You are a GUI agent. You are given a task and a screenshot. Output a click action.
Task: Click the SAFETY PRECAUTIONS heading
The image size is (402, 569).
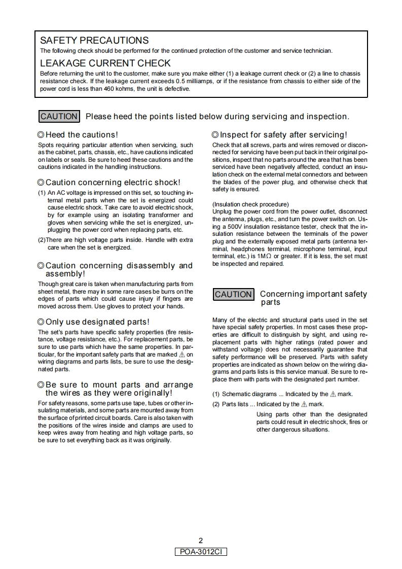coord(94,41)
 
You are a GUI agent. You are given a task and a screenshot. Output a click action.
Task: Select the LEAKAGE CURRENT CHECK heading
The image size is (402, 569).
coord(105,63)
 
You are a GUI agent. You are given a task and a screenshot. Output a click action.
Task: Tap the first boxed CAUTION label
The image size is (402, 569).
coord(59,117)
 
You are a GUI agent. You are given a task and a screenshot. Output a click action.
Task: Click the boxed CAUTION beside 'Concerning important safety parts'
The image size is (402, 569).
coord(233,294)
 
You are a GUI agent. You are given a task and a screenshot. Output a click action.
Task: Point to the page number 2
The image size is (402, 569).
coord(201,541)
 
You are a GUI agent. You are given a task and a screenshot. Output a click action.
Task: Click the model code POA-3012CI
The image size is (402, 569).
coord(201,551)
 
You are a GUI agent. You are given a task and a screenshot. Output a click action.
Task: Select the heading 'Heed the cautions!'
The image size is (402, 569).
coord(82,135)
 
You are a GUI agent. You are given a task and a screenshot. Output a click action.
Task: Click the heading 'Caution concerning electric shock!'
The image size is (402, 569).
coord(113,183)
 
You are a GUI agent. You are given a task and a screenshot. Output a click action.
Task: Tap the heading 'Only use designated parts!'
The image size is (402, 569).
coord(97,322)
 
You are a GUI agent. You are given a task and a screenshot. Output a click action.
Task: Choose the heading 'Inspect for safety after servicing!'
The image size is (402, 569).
coord(283,135)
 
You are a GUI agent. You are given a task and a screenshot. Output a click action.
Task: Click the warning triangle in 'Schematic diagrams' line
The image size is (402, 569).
coord(333,394)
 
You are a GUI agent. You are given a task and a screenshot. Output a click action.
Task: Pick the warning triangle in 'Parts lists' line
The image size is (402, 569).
coord(304,404)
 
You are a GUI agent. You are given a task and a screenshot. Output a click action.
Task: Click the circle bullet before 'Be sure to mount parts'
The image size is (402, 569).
coord(41,385)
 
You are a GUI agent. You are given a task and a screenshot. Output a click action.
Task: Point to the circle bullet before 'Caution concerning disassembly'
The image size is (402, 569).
coord(41,266)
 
